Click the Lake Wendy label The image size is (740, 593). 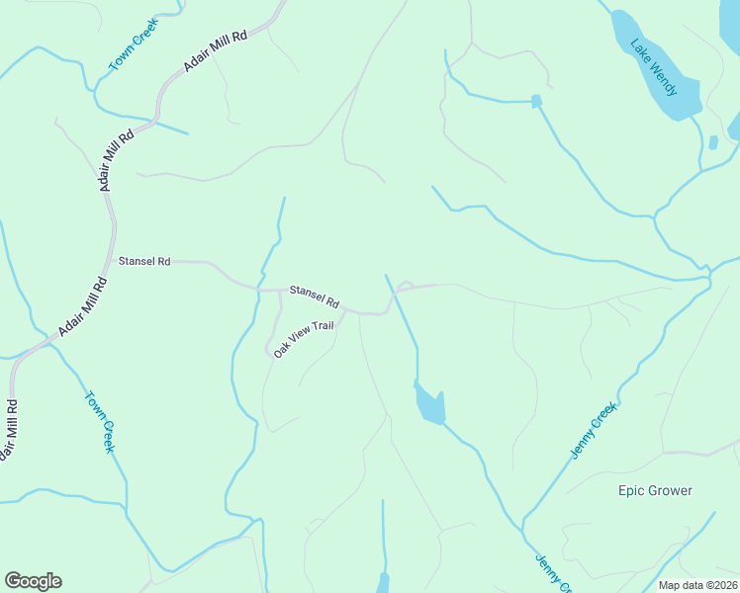pyautogui.click(x=655, y=67)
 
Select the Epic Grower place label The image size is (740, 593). pyautogui.click(x=655, y=490)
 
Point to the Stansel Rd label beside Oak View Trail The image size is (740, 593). pyautogui.click(x=315, y=296)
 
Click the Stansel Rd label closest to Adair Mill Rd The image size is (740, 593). pyautogui.click(x=144, y=262)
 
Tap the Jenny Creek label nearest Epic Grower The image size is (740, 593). pyautogui.click(x=594, y=431)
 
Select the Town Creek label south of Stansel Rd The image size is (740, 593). pyautogui.click(x=100, y=423)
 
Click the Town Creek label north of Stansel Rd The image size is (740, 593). pyautogui.click(x=134, y=46)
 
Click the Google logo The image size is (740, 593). pyautogui.click(x=33, y=581)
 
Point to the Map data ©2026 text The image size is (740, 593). pyautogui.click(x=697, y=585)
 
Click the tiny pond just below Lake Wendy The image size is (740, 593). pyautogui.click(x=713, y=142)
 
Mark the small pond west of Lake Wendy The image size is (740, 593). pyautogui.click(x=537, y=101)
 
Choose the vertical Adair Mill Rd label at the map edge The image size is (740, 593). pyautogui.click(x=9, y=431)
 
